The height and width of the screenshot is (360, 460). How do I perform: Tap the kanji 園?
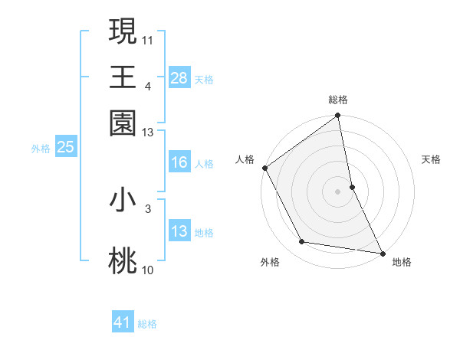[x=123, y=123]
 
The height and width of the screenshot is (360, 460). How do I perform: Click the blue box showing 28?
[x=179, y=78]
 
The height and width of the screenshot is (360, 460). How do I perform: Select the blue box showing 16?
[x=179, y=162]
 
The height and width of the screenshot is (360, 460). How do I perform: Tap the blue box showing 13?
[x=179, y=231]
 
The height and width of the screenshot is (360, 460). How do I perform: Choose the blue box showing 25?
[x=65, y=147]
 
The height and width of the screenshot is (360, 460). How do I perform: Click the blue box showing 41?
[x=123, y=322]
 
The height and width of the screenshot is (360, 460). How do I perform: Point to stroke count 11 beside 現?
[x=148, y=39]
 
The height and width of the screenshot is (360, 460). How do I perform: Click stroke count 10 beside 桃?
[x=148, y=270]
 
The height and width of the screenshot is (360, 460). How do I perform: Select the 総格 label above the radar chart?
[x=338, y=100]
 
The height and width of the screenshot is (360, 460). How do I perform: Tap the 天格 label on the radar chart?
[x=431, y=159]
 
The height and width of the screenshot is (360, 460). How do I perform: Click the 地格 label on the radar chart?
[x=402, y=262]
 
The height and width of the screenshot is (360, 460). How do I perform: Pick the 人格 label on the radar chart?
[x=245, y=159]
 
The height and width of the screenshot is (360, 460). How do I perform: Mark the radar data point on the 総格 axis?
[x=338, y=116]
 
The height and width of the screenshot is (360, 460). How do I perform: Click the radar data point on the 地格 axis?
[x=382, y=252]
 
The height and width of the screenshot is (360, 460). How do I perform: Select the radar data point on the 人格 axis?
[x=265, y=168]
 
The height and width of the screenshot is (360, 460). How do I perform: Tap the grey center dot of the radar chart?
[x=338, y=191]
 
